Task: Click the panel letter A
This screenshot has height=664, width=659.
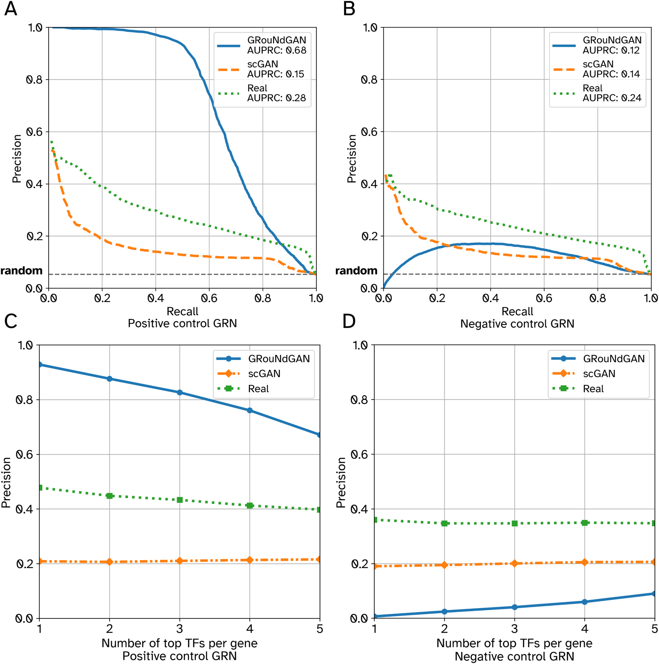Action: click(x=11, y=9)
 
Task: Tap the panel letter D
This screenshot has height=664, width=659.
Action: click(x=349, y=321)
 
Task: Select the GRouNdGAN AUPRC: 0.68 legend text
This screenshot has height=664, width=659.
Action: click(x=276, y=45)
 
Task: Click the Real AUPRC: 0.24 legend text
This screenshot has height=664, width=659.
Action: click(x=612, y=93)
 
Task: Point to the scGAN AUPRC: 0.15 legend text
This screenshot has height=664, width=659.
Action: click(x=275, y=69)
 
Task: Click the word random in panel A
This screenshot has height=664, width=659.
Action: click(x=21, y=270)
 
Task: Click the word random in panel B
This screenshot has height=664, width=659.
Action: click(x=356, y=270)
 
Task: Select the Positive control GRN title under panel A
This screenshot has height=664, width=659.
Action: click(x=182, y=324)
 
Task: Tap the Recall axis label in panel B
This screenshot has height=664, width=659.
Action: click(x=517, y=311)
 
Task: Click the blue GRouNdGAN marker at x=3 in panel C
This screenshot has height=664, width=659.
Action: click(x=180, y=392)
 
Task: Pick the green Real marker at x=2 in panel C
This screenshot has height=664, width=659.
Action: click(x=110, y=496)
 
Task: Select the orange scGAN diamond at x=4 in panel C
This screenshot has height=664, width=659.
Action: click(x=250, y=560)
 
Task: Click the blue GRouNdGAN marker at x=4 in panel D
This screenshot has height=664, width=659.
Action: click(x=584, y=602)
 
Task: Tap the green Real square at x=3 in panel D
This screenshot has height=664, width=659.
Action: click(x=514, y=524)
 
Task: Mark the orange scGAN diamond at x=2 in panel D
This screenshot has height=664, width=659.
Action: click(x=444, y=565)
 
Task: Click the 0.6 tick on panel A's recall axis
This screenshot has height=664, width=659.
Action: click(x=209, y=298)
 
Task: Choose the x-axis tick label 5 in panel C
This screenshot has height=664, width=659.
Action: click(x=320, y=629)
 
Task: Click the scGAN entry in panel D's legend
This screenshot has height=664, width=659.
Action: click(x=599, y=374)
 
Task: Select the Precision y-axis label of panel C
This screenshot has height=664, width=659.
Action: click(x=6, y=482)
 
